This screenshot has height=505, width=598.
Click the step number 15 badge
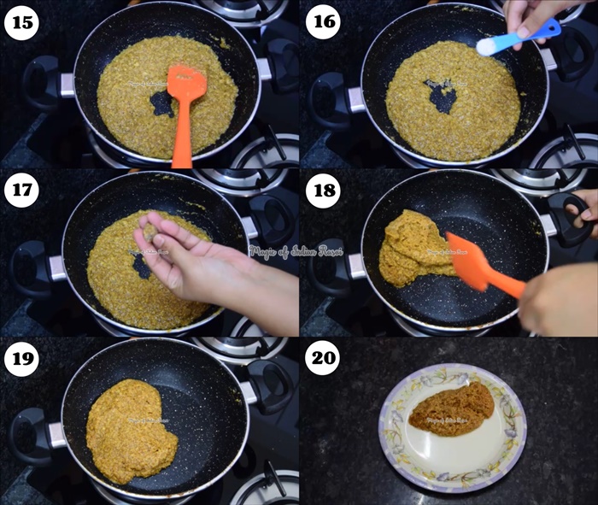point(21,23)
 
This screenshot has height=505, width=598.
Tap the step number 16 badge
point(322,23)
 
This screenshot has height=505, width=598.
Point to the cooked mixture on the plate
point(451,408)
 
